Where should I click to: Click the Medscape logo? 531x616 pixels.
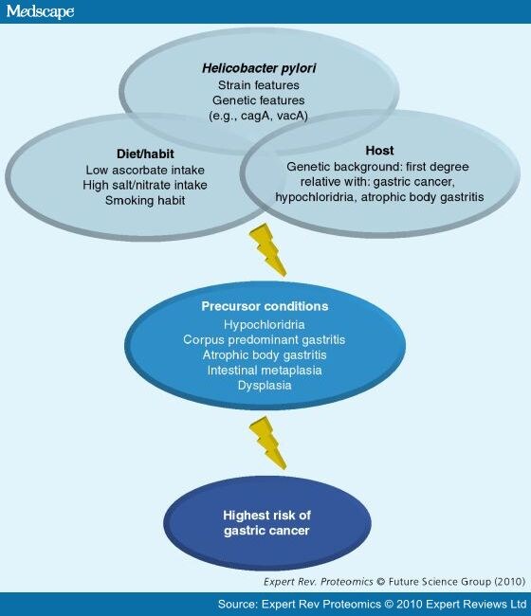(40, 11)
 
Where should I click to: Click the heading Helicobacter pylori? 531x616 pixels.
(259, 68)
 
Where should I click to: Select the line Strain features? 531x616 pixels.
(259, 85)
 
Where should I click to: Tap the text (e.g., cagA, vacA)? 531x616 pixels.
(258, 116)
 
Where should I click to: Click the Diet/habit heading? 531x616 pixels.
(145, 154)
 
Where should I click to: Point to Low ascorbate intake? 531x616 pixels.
(145, 170)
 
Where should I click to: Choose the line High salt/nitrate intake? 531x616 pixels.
(145, 185)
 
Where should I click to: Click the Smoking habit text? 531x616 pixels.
(145, 200)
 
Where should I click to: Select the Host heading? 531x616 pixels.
(379, 151)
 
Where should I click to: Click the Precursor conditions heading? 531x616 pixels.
(265, 306)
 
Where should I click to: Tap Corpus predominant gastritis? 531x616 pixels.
(265, 340)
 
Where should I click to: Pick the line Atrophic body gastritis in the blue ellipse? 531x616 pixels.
(265, 355)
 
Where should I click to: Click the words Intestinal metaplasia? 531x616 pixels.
(265, 370)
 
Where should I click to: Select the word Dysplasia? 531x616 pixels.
(265, 386)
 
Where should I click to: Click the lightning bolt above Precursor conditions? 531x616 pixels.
(267, 250)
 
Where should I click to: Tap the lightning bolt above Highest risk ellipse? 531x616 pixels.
(267, 443)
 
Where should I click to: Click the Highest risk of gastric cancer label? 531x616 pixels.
(266, 523)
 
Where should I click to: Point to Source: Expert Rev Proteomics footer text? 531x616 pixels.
(372, 604)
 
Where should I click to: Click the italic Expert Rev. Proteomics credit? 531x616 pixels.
(319, 582)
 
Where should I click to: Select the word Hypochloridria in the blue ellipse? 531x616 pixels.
(265, 324)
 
